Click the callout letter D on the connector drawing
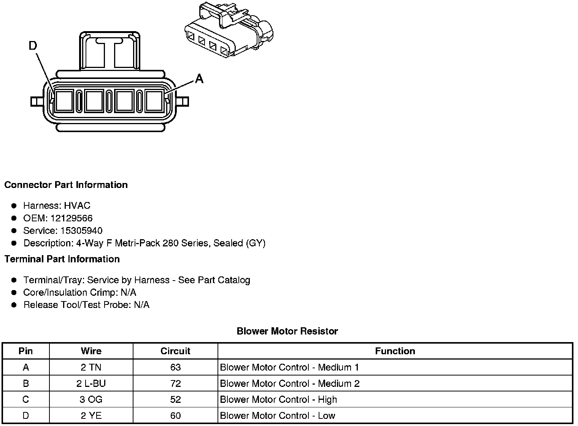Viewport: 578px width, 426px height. pyautogui.click(x=33, y=46)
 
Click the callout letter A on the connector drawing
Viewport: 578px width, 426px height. pyautogui.click(x=199, y=79)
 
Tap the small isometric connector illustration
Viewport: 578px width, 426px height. pyautogui.click(x=229, y=30)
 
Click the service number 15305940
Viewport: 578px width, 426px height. pyautogui.click(x=81, y=231)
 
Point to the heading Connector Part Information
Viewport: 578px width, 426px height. pyautogui.click(x=66, y=185)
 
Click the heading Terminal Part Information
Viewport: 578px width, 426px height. pyautogui.click(x=62, y=259)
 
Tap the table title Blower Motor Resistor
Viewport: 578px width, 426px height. pyautogui.click(x=287, y=331)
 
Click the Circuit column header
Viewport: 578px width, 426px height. pyautogui.click(x=175, y=351)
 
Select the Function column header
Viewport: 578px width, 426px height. pyautogui.click(x=395, y=351)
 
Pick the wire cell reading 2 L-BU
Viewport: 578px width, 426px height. pyautogui.click(x=91, y=383)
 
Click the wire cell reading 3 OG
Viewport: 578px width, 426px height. pyautogui.click(x=91, y=399)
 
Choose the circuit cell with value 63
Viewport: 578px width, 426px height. pyautogui.click(x=175, y=368)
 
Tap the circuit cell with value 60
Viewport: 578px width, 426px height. pyautogui.click(x=175, y=416)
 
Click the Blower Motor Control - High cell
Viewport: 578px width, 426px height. pyautogui.click(x=278, y=399)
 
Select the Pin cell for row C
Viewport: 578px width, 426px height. pyautogui.click(x=25, y=399)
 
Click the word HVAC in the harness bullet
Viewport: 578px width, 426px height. pyautogui.click(x=77, y=206)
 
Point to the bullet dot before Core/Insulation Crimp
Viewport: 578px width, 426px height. pyautogui.click(x=14, y=292)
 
